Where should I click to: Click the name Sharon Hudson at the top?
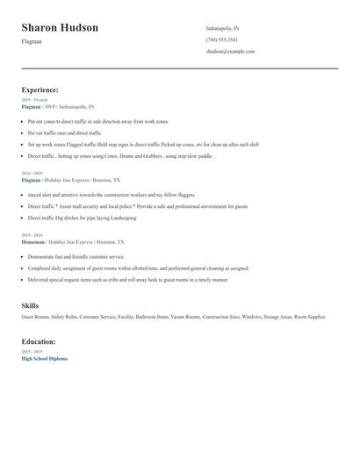[60, 28]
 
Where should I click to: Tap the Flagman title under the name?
[32, 41]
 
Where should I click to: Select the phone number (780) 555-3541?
[221, 39]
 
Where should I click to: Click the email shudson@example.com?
[230, 51]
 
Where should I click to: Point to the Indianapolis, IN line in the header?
[222, 28]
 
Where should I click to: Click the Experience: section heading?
[40, 89]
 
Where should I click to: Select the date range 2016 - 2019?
[32, 174]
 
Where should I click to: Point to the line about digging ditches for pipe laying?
[83, 217]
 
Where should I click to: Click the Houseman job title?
[32, 241]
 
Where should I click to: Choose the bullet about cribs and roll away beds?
[127, 279]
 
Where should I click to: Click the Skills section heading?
[30, 305]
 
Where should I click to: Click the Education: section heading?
[39, 341]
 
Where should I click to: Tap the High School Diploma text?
[44, 358]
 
